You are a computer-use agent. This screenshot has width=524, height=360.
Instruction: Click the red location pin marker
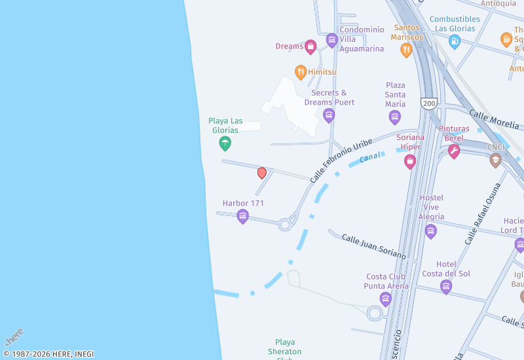coord(262,173)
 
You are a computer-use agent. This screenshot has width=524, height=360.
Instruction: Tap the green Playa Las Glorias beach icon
coord(225,143)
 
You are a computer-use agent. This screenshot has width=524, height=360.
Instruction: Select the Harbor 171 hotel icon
coord(243,216)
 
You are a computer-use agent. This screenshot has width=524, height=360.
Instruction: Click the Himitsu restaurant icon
coord(301,72)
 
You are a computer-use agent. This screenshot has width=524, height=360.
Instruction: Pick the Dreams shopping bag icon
coord(311,46)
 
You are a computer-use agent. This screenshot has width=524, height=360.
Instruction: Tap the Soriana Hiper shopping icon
coord(410,160)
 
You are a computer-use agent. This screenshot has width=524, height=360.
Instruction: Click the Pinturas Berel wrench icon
coord(454,151)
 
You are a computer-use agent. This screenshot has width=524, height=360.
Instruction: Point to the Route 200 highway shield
coord(429,103)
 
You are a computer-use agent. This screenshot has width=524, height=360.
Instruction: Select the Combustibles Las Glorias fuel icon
coord(455,41)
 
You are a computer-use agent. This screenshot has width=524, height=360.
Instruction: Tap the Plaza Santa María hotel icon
coord(395,117)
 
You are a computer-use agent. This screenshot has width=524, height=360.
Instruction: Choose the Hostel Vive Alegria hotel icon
coord(431,230)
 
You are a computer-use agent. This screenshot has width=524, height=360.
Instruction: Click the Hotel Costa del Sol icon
coord(446,286)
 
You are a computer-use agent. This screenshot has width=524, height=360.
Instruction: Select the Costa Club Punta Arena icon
coord(386,298)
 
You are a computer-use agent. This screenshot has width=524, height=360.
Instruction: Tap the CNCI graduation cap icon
coord(496,160)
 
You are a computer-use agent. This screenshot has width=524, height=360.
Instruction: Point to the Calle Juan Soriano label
coord(374,246)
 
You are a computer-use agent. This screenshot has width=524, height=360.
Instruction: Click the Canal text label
coord(371,155)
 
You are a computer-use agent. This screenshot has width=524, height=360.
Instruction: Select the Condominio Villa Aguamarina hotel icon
coord(332,40)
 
